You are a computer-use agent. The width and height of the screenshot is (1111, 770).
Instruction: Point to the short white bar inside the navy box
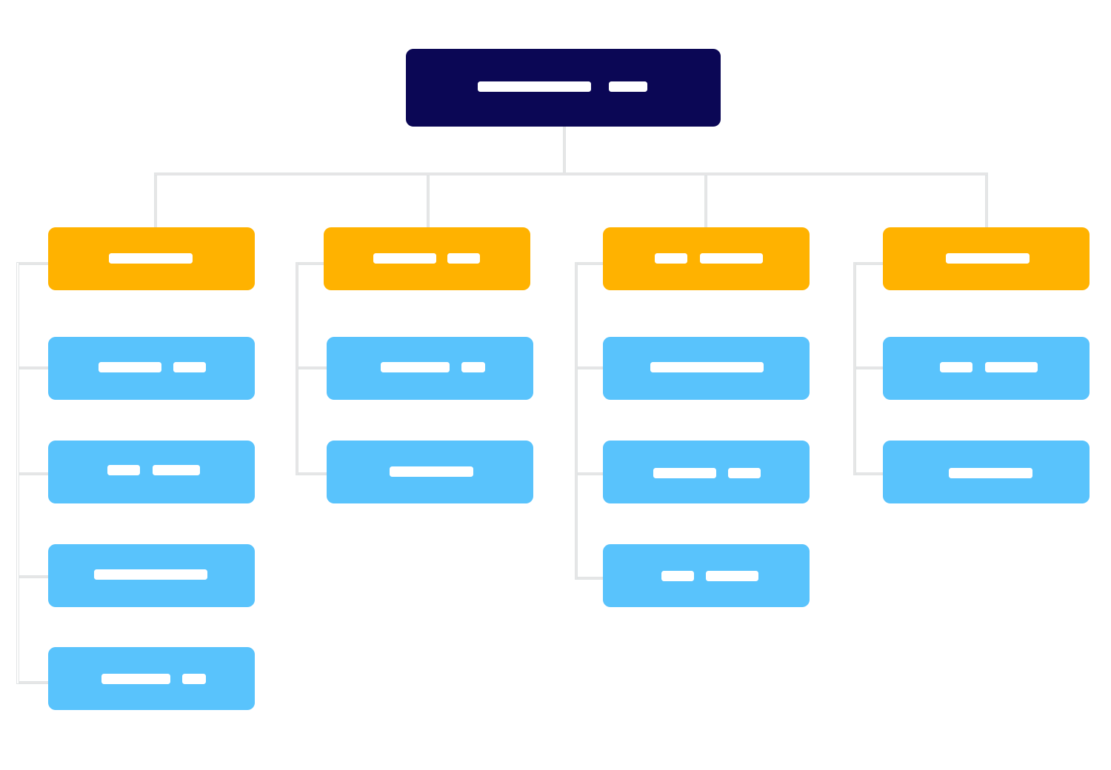[628, 87]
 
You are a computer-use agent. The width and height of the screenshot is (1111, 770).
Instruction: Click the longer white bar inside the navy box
[534, 87]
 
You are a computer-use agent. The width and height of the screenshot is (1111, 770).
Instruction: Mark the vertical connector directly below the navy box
[564, 150]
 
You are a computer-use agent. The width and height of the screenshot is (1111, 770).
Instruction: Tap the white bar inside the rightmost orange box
[987, 258]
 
